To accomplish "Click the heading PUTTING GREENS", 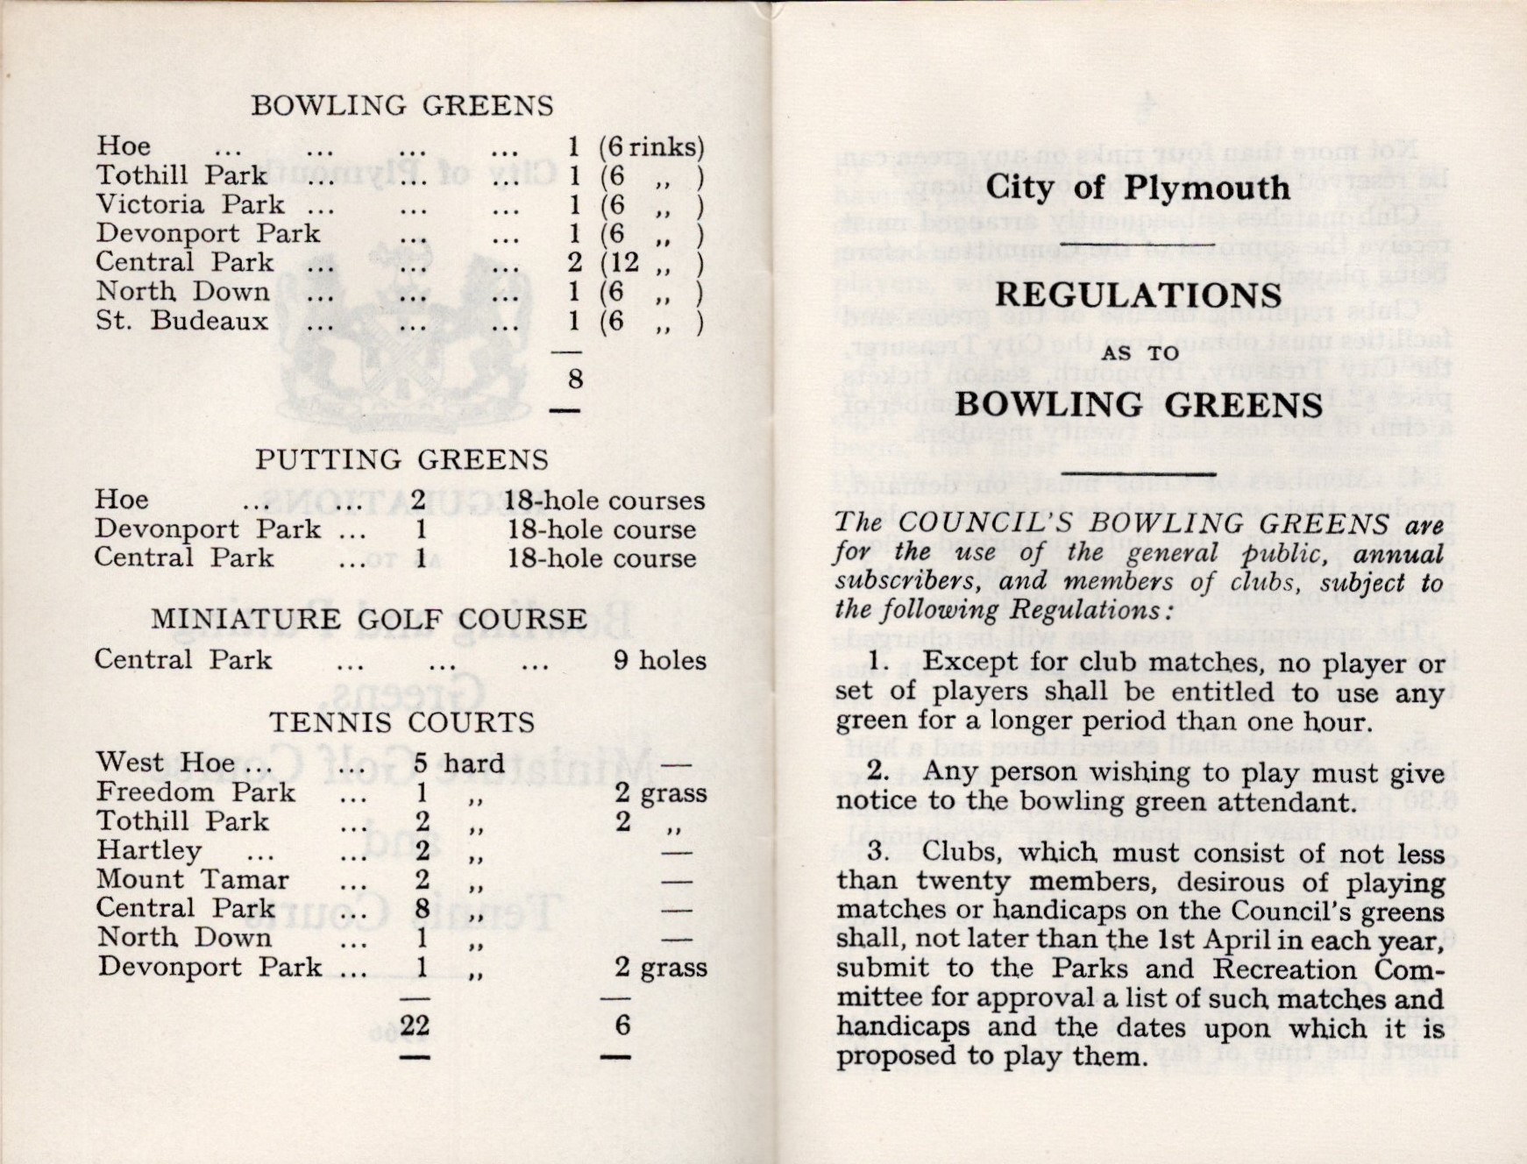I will click(401, 459).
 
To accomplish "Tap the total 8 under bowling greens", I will click(575, 380).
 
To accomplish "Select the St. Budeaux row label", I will click(181, 321).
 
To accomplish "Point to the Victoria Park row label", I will click(190, 204).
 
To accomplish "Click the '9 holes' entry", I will click(659, 660).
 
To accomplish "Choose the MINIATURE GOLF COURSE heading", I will click(368, 619).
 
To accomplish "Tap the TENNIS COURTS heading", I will click(401, 722).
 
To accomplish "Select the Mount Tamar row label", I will click(192, 879).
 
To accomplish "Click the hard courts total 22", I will click(415, 1026).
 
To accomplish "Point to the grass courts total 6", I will click(621, 1025).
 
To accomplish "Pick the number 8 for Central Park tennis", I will click(422, 908).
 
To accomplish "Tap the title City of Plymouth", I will click(1137, 188).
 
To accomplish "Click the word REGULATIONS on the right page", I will click(1138, 295).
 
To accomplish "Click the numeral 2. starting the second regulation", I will click(879, 771).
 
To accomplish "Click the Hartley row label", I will click(149, 850).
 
